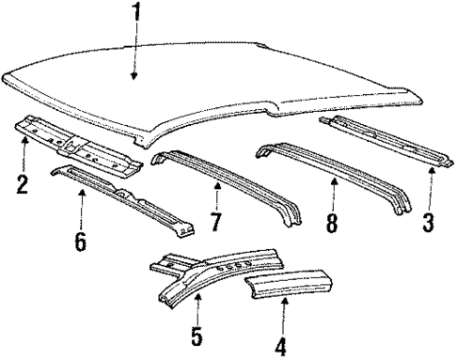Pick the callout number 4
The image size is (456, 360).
click(279, 347)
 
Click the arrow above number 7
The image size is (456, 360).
click(218, 197)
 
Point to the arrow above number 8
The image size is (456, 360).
click(332, 197)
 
